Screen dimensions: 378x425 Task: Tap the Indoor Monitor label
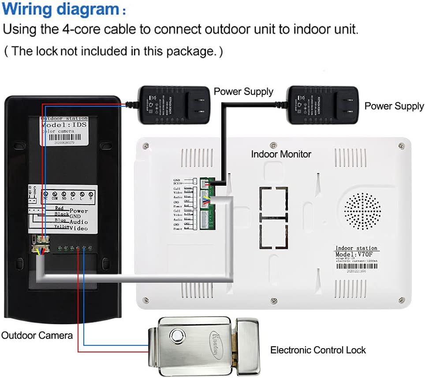click(x=281, y=154)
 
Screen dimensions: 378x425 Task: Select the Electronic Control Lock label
click(x=318, y=350)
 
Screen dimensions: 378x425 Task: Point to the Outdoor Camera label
click(x=37, y=335)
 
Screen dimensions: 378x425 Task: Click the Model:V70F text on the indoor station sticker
click(x=357, y=254)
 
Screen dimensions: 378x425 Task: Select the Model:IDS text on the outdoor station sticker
click(x=64, y=125)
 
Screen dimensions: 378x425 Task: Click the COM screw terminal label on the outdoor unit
click(x=55, y=199)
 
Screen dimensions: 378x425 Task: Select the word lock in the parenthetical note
click(x=47, y=51)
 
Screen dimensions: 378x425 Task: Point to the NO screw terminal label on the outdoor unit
click(x=64, y=199)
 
